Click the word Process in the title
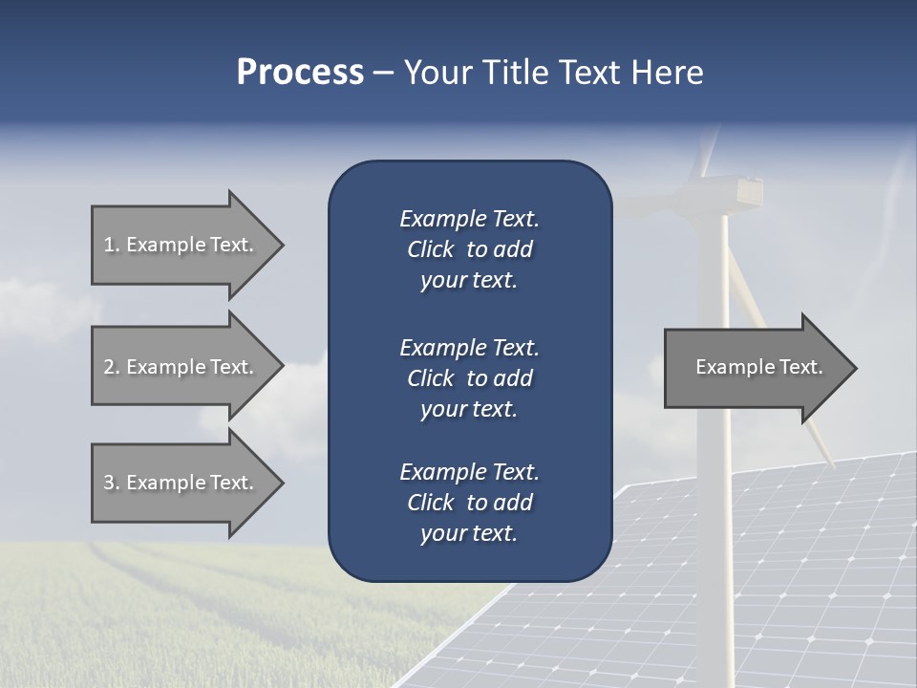click(x=300, y=73)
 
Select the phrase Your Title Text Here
click(x=554, y=73)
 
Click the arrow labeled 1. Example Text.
click(x=179, y=245)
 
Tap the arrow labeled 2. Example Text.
click(x=179, y=367)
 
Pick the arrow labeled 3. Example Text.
click(x=179, y=483)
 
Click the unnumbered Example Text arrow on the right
click(x=758, y=367)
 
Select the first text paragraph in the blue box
click(x=469, y=249)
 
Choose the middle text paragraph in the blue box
click(x=469, y=378)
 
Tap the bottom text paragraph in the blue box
click(x=469, y=503)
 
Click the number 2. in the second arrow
click(x=112, y=367)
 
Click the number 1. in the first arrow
click(x=112, y=245)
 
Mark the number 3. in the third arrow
click(x=112, y=483)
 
